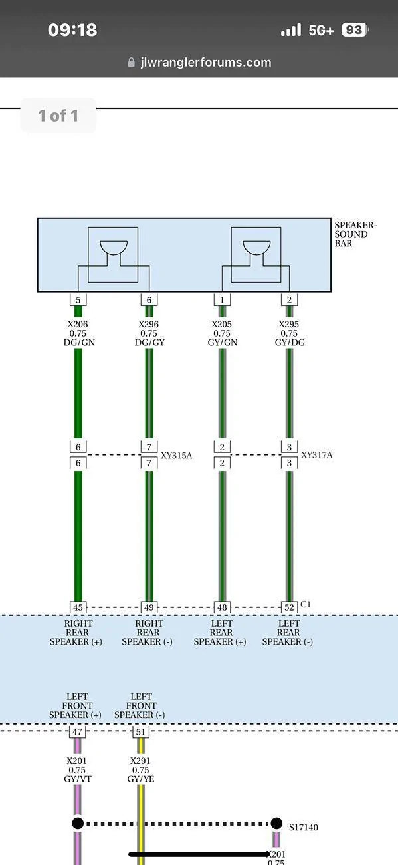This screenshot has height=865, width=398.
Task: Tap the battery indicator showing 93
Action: coord(355,30)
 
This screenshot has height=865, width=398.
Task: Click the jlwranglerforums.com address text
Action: coord(206,62)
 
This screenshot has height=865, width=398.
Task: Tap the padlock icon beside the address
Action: coord(131,62)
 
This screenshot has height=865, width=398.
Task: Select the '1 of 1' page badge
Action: coord(58,116)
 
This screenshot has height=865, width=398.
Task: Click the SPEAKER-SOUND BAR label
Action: coord(355,234)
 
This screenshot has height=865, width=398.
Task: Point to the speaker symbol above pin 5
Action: coord(114,248)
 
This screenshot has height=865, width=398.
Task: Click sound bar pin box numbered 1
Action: coord(222,299)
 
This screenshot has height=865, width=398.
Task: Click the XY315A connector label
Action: coord(176,456)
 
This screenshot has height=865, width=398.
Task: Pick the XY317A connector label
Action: coord(317,455)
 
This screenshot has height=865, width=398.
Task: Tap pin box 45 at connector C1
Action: coord(78,607)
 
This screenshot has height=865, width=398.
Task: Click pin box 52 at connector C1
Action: coord(289,607)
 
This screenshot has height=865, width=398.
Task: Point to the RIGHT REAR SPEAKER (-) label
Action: coord(148,633)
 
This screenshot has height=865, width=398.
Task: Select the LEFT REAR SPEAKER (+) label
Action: coord(220,633)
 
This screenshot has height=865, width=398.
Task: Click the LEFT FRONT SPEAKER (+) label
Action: coord(76,706)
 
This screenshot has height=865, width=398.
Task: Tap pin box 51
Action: coord(140,732)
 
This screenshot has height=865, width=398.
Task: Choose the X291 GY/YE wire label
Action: coord(140,770)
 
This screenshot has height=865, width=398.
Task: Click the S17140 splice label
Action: coord(304,828)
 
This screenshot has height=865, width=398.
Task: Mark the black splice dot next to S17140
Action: coord(276,823)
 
